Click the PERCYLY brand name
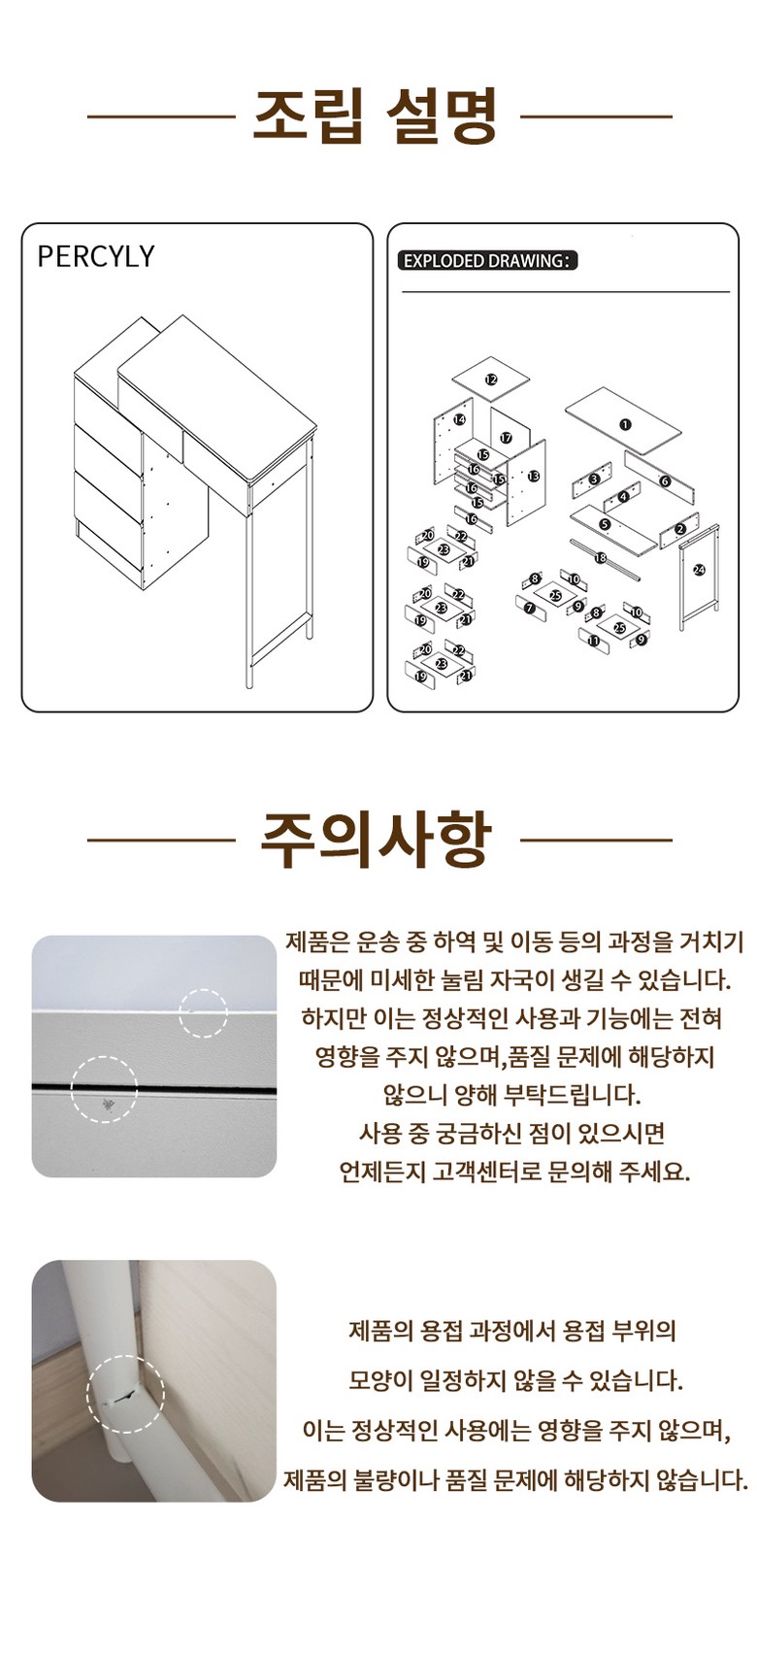click(96, 256)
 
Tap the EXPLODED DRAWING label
click(487, 260)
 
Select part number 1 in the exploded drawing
click(625, 424)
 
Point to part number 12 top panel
click(491, 380)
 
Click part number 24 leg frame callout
click(699, 570)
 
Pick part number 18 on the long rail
click(601, 558)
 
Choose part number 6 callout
click(664, 481)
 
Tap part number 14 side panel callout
click(460, 419)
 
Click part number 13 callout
click(534, 476)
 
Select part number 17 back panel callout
click(507, 438)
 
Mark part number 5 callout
click(605, 524)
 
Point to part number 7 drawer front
click(529, 608)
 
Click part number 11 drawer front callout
click(594, 641)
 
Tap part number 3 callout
click(594, 479)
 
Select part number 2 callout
click(679, 529)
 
